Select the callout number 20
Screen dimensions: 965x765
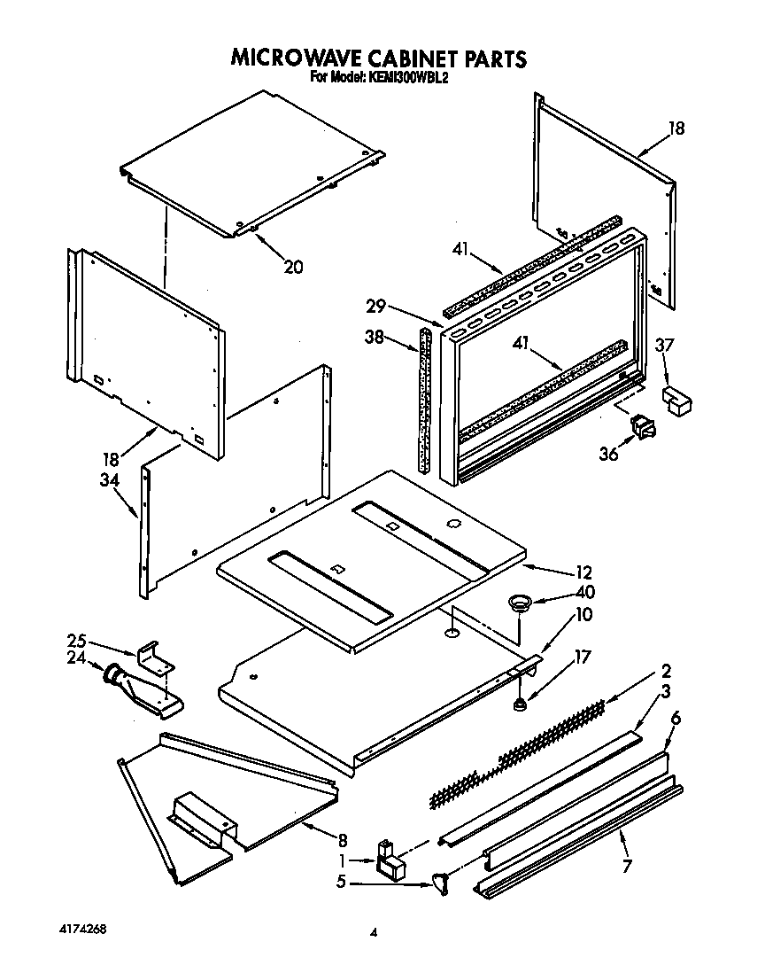pos(292,266)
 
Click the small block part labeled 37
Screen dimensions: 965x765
pos(677,400)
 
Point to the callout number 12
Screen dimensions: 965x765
pos(583,572)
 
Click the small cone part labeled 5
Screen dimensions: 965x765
pos(439,883)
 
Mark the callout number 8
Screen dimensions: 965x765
pos(343,841)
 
